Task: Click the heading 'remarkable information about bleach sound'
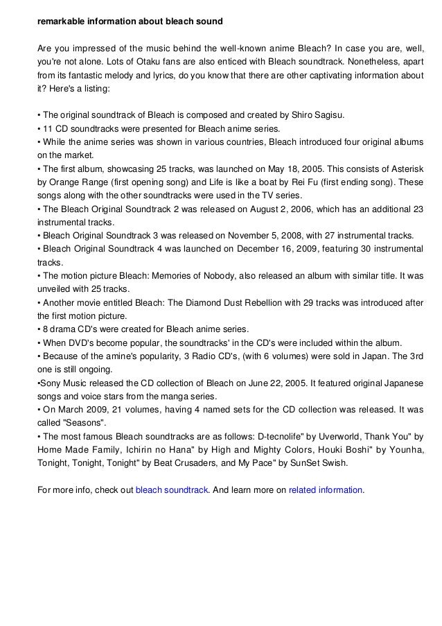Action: [130, 22]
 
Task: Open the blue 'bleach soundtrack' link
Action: [172, 489]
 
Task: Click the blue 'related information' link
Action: [325, 489]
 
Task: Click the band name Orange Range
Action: [79, 183]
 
